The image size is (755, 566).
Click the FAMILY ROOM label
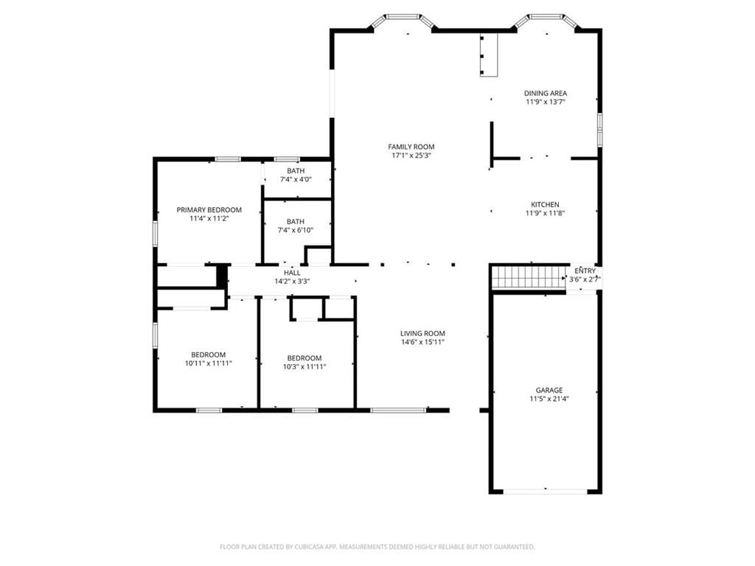coord(411,147)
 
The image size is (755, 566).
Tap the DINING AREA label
coord(546,94)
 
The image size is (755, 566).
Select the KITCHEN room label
coord(545,205)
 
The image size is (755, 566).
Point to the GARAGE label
coord(549,391)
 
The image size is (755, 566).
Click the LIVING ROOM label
coord(422,334)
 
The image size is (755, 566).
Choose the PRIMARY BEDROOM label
coord(209,210)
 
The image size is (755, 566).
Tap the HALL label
coord(292,273)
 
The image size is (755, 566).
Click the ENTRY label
coord(585,271)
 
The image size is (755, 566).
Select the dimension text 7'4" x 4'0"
coord(296,180)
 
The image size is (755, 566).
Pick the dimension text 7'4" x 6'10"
coord(295,230)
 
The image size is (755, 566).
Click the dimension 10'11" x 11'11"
coord(209,363)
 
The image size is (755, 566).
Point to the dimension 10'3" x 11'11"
coord(305,367)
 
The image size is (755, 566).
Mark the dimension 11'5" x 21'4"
coord(549,399)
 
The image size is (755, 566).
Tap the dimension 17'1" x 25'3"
coord(411,156)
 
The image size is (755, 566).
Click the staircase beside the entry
coord(528,277)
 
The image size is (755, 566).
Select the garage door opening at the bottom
coord(546,492)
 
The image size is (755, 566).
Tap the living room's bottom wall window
coord(398,410)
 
